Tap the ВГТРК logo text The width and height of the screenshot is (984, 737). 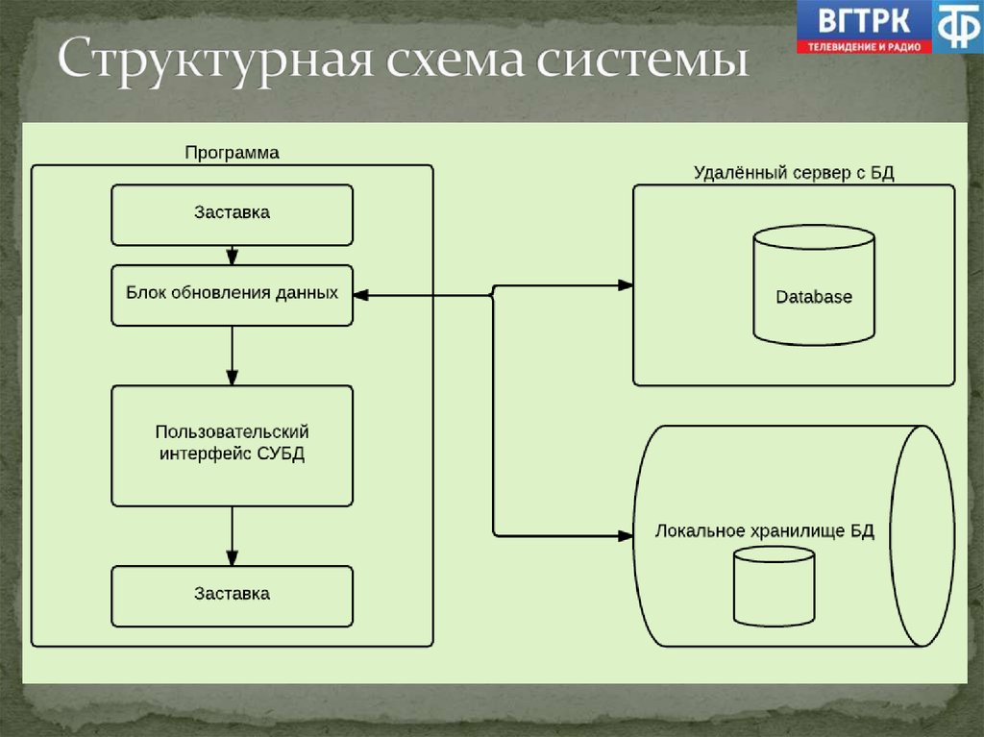pyautogui.click(x=861, y=20)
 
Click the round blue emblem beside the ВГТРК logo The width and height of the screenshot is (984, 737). pyautogui.click(x=957, y=26)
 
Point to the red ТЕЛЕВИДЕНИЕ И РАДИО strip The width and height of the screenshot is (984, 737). pyautogui.click(x=863, y=45)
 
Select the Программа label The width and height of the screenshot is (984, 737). pyautogui.click(x=232, y=153)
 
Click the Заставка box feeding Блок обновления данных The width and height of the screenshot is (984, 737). pyautogui.click(x=232, y=214)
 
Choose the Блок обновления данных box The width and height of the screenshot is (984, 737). pyautogui.click(x=232, y=294)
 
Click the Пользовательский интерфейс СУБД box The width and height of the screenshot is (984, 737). pyautogui.click(x=232, y=445)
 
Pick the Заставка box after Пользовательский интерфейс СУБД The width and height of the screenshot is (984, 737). pyautogui.click(x=232, y=595)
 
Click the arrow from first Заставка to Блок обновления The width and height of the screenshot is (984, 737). pyautogui.click(x=232, y=255)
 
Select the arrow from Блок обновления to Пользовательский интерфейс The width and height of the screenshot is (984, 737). pyautogui.click(x=232, y=356)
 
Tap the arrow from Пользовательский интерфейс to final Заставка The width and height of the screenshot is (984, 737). pyautogui.click(x=232, y=536)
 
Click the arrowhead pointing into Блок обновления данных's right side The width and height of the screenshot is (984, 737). pyautogui.click(x=361, y=295)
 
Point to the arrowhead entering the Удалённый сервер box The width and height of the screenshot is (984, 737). pyautogui.click(x=625, y=285)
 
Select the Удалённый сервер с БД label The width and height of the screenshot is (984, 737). pyautogui.click(x=794, y=173)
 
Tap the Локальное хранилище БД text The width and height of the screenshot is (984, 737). pyautogui.click(x=764, y=532)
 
